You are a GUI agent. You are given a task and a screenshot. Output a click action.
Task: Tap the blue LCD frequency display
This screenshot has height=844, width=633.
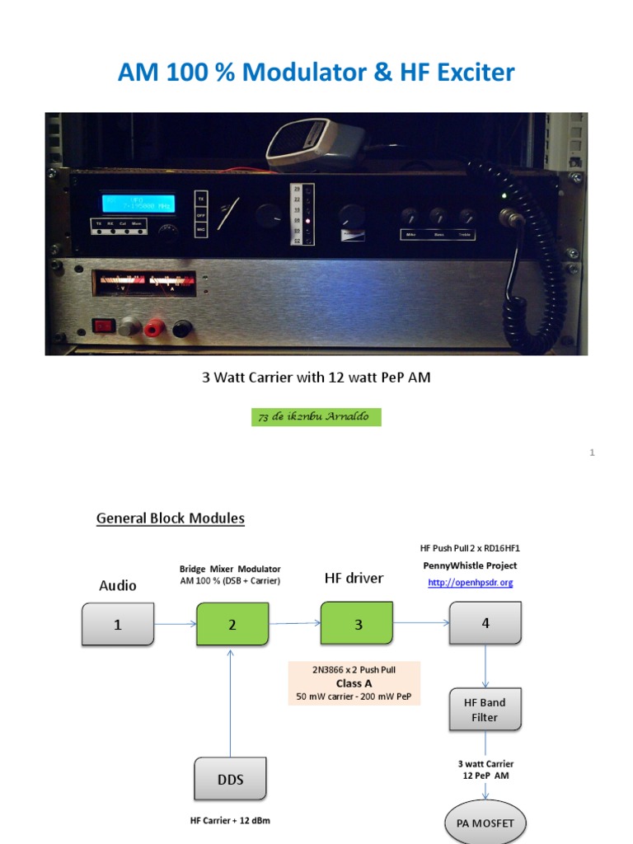click(138, 203)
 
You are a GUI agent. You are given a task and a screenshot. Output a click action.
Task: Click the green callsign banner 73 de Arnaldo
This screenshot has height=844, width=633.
click(316, 417)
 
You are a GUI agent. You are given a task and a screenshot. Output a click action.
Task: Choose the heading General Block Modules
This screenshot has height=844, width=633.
click(171, 518)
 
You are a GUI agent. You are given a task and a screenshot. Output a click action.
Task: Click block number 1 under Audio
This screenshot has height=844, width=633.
click(118, 624)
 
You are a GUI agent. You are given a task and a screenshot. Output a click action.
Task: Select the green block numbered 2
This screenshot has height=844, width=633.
click(232, 624)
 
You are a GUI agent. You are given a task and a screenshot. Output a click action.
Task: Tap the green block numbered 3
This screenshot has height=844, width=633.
click(358, 624)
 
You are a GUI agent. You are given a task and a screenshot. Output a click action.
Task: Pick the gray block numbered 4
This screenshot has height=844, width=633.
click(485, 623)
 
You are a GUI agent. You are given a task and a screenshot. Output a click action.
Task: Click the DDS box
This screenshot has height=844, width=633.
click(231, 779)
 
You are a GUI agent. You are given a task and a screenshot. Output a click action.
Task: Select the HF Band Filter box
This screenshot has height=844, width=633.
click(485, 710)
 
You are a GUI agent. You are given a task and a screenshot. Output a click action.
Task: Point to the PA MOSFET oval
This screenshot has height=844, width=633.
click(485, 823)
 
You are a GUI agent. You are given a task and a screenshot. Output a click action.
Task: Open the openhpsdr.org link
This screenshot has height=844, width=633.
click(470, 583)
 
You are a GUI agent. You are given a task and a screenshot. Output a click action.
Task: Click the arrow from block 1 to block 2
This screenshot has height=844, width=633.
click(175, 624)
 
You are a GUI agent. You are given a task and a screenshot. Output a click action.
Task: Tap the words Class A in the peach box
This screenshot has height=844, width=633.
click(354, 683)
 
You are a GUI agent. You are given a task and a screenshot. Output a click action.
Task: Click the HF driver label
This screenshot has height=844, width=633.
click(354, 579)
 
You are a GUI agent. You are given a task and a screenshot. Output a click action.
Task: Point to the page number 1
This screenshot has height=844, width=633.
click(592, 452)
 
